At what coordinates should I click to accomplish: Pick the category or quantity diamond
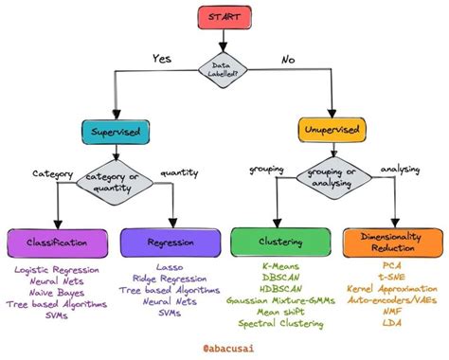tap(114, 178)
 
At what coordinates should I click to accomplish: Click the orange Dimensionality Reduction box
tap(391, 243)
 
